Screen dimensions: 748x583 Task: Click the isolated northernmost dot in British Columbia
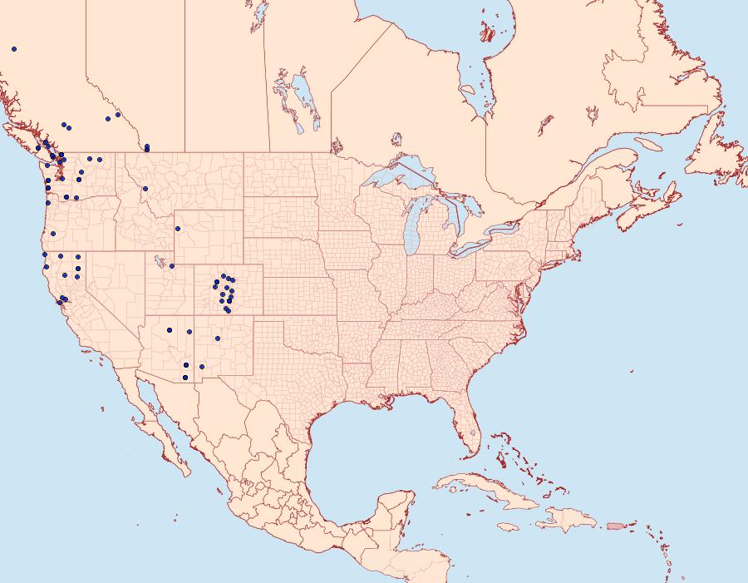point(14,49)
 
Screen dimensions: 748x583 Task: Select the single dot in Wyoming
point(177,229)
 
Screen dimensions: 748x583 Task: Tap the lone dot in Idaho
point(145,189)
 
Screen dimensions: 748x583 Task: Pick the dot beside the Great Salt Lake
point(172,266)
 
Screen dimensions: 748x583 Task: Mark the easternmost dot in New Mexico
point(218,338)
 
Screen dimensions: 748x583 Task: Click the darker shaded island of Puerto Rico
point(615,525)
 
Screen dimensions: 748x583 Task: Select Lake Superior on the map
point(399,178)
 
